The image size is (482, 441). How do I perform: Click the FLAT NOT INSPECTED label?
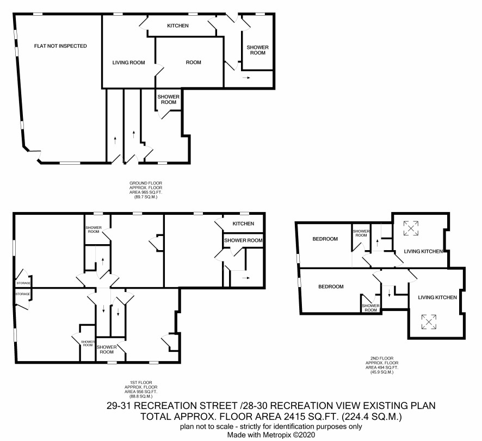point(60,46)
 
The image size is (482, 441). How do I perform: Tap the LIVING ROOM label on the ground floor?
point(128,63)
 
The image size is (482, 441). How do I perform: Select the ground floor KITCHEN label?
point(178,26)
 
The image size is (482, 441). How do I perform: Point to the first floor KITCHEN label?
point(243,223)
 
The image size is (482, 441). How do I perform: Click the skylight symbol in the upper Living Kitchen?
point(411,228)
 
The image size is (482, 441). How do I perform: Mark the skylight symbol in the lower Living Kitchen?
point(429,322)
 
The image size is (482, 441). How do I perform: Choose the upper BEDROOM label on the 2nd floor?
point(325,239)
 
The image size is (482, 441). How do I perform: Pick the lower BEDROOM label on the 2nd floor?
point(331,287)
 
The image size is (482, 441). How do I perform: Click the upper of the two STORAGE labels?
point(23,283)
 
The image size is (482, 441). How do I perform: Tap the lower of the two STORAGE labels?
point(23,294)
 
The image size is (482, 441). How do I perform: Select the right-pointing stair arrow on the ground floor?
point(246,78)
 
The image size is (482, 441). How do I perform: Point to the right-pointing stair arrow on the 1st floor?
point(246,278)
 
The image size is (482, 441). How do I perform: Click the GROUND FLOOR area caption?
point(146,190)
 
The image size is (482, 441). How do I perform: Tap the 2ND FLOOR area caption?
point(382,365)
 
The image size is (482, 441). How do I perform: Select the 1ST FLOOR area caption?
point(141,389)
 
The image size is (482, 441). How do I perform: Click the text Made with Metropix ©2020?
point(271,435)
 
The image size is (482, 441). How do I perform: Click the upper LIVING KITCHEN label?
point(423,251)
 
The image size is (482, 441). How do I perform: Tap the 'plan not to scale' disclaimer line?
point(271,427)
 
